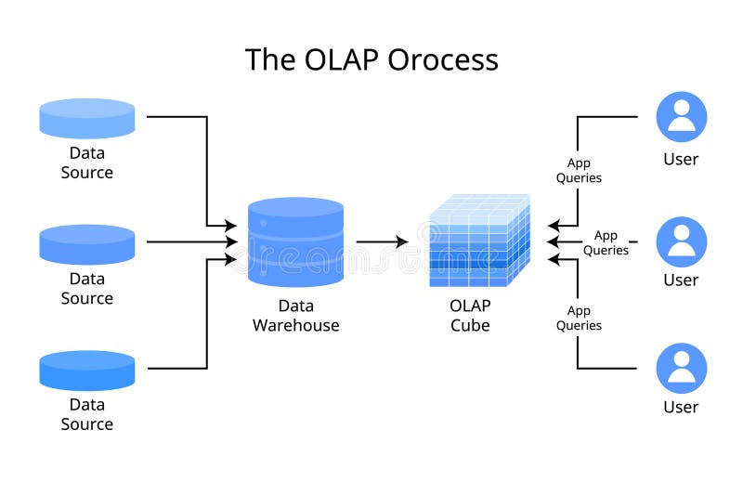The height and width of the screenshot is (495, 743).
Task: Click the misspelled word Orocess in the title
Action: pyautogui.click(x=444, y=59)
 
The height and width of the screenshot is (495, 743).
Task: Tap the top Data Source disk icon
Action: pyautogui.click(x=87, y=119)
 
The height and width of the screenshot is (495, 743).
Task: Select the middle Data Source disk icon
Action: pyautogui.click(x=87, y=244)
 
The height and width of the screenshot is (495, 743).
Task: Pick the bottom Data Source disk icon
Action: pyautogui.click(x=87, y=370)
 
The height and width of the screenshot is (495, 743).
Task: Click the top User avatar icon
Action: pyautogui.click(x=681, y=117)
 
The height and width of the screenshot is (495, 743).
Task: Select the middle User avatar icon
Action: pyautogui.click(x=681, y=241)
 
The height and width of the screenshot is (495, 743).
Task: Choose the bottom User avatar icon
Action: pyautogui.click(x=681, y=368)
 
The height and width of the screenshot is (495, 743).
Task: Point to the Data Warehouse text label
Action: pyautogui.click(x=295, y=316)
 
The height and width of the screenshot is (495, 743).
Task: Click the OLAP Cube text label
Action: pyautogui.click(x=470, y=316)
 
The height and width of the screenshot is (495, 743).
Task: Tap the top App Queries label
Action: pyautogui.click(x=579, y=171)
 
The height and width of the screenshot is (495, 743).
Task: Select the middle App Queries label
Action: pyautogui.click(x=606, y=243)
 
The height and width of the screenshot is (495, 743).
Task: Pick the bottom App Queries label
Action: pyautogui.click(x=579, y=319)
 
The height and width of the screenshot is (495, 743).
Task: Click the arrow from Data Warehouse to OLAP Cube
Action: pyautogui.click(x=382, y=242)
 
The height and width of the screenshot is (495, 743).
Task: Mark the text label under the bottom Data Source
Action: pyautogui.click(x=87, y=414)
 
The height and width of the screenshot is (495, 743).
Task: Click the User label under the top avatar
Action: pyautogui.click(x=681, y=159)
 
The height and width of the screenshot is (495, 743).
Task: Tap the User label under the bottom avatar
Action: pyautogui.click(x=681, y=407)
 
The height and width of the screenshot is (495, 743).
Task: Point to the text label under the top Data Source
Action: pyautogui.click(x=87, y=163)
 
